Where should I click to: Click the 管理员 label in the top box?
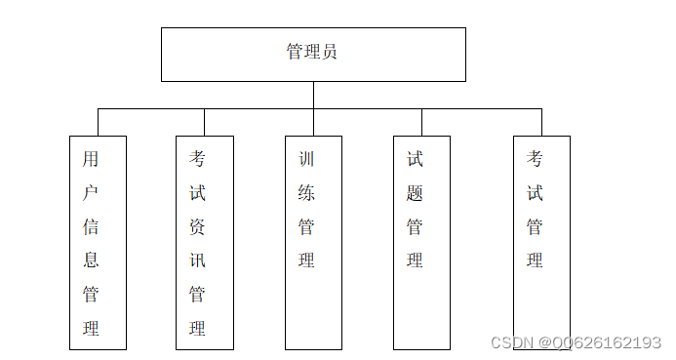(312, 53)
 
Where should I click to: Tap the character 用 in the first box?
(91, 159)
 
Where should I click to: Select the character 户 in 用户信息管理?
(91, 193)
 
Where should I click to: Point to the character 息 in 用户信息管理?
(91, 260)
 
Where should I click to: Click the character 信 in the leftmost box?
(91, 227)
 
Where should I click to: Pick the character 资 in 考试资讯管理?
(197, 227)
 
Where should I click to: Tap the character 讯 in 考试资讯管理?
(197, 260)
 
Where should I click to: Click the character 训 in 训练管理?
(306, 159)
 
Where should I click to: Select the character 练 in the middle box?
(306, 193)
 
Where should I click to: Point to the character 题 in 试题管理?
(415, 193)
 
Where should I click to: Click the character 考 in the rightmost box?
(535, 159)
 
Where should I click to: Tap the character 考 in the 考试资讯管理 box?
(197, 159)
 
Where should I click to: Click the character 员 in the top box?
(330, 53)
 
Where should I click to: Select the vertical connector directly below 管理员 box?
(313, 95)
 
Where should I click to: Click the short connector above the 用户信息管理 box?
(98, 122)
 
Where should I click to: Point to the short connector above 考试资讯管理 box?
(204, 122)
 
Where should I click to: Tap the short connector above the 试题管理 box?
(421, 122)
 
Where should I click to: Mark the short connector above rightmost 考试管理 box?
(541, 122)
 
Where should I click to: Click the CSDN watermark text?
(576, 342)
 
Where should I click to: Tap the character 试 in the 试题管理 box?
(415, 159)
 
